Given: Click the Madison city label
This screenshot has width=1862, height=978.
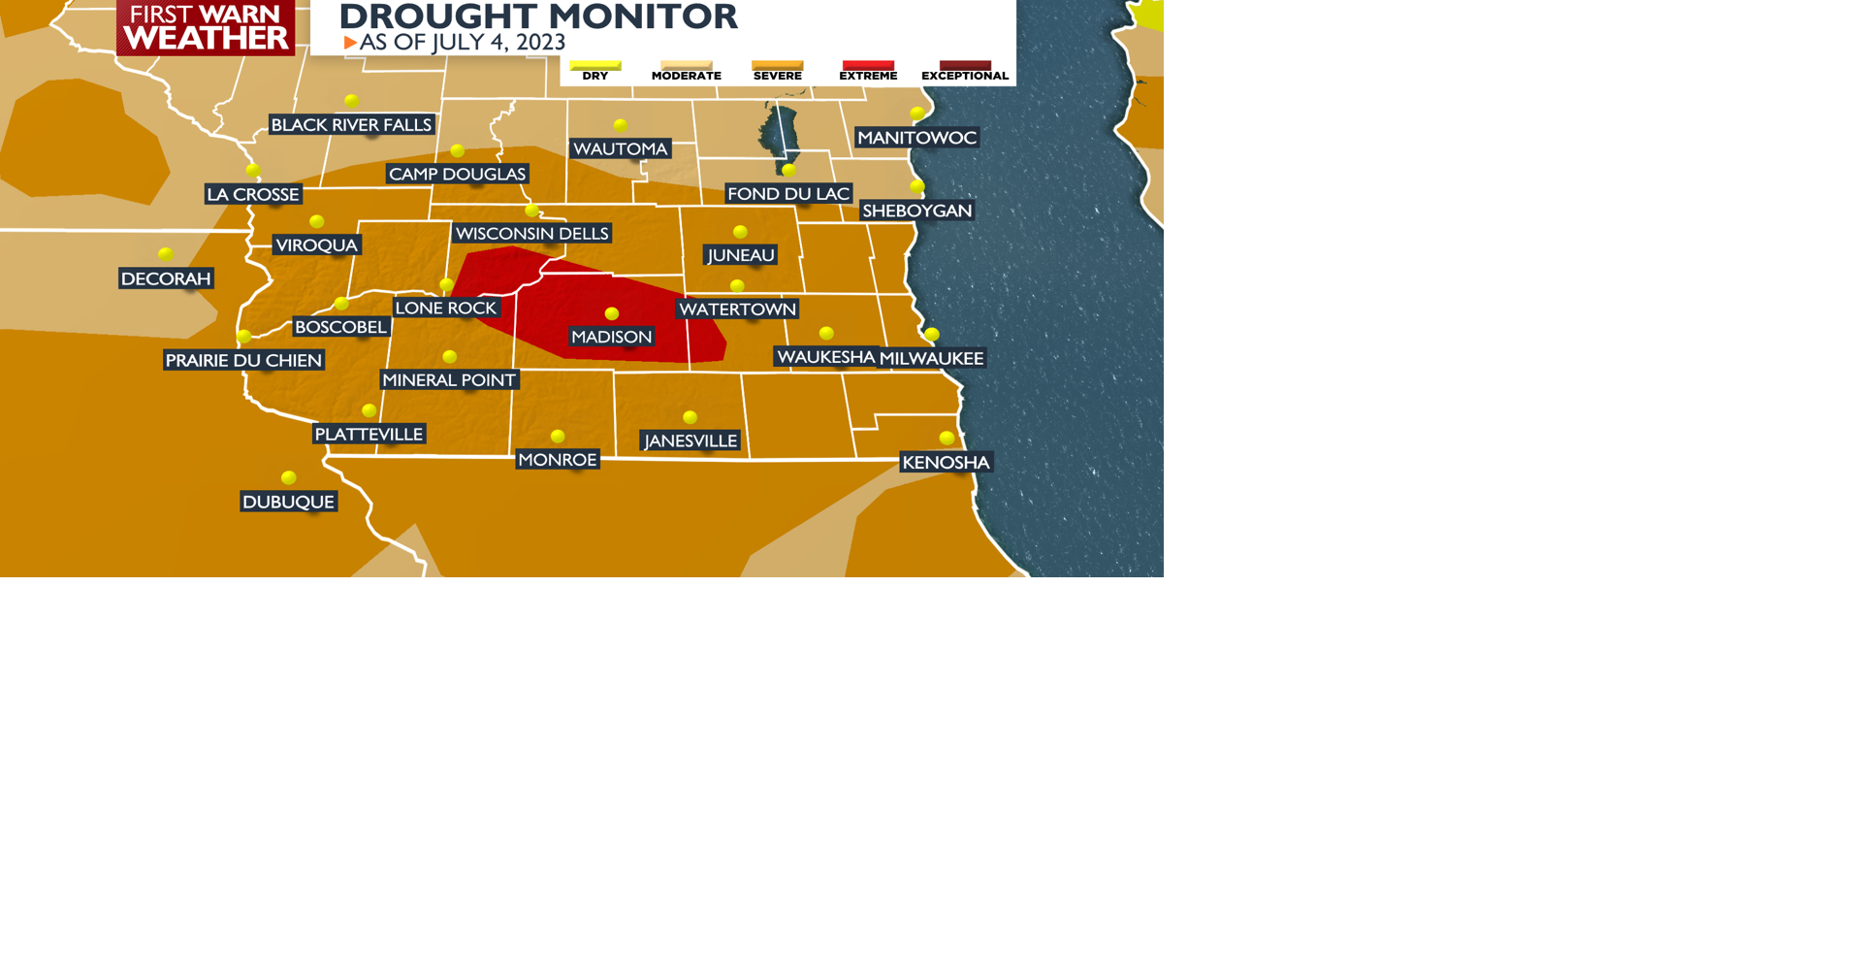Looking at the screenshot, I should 611,337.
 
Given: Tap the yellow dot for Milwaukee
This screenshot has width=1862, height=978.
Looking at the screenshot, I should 932,334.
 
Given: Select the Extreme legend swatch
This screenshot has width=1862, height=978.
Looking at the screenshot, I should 868,65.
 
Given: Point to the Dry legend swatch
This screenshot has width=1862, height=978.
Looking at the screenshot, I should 595,65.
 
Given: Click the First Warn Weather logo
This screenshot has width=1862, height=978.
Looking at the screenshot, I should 206,27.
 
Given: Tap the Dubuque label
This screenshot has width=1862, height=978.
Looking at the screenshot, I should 288,502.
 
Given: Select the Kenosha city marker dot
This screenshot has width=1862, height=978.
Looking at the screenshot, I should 947,438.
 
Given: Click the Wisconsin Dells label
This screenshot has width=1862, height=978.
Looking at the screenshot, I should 531,233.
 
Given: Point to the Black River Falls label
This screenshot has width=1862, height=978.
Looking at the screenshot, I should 351,124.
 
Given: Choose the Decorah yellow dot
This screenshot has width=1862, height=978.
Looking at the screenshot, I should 166,254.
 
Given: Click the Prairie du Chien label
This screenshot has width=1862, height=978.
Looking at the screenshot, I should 243,360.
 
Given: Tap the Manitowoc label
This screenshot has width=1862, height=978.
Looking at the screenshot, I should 916,138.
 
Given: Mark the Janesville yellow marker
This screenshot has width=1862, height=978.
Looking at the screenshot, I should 690,417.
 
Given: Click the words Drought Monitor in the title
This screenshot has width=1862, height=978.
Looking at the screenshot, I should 538,16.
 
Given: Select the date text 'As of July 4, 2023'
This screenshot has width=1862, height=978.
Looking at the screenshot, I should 462,43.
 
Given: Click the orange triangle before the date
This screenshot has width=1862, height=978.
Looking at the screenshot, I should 350,43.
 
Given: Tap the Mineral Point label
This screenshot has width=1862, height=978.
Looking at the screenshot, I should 448,379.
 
